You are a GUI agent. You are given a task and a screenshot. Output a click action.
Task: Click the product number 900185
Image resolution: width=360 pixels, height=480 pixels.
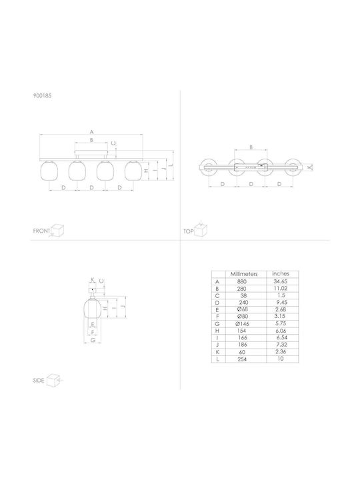42,95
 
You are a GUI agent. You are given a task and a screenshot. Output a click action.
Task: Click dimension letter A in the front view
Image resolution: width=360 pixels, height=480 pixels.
91,132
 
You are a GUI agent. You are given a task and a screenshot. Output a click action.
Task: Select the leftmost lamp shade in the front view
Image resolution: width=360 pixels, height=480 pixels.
49,171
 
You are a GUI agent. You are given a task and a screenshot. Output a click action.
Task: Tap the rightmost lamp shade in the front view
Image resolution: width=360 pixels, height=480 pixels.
134,171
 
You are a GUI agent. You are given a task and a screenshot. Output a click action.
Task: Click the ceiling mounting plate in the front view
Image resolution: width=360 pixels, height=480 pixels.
91,153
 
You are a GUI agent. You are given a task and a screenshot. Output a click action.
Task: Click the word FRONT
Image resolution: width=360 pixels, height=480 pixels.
41,231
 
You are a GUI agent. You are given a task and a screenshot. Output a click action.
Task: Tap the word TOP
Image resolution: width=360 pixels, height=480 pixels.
189,231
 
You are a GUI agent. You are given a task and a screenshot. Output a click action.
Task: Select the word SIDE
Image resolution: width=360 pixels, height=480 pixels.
39,381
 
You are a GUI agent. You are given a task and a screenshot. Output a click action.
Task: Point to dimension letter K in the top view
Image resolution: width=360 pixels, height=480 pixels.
309,167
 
